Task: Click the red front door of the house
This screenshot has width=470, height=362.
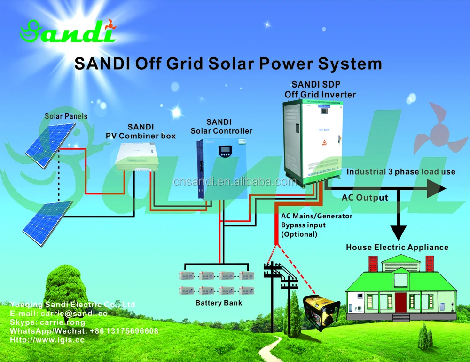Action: pos(400,301)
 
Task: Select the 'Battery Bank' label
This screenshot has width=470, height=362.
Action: pos(219,303)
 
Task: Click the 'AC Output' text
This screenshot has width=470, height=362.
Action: pos(365,198)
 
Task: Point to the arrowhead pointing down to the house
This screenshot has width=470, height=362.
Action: pos(399,232)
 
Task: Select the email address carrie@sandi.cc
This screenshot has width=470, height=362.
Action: pos(75,314)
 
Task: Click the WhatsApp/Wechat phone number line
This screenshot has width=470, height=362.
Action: pos(84,331)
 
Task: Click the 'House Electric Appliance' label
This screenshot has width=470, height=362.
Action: pos(397,247)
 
